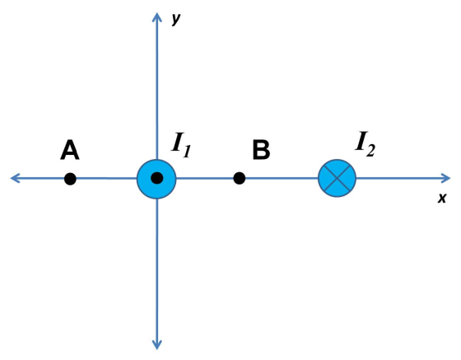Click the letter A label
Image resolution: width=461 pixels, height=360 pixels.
pyautogui.click(x=70, y=150)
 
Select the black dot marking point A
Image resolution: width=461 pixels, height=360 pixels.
pyautogui.click(x=70, y=179)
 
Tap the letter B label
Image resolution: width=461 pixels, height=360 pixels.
pyautogui.click(x=261, y=150)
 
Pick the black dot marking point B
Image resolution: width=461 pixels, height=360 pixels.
pyautogui.click(x=240, y=178)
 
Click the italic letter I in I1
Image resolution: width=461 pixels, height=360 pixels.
pyautogui.click(x=178, y=142)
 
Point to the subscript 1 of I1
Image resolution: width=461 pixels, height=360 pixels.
pyautogui.click(x=188, y=152)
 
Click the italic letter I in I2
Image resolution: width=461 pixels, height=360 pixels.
pyautogui.click(x=361, y=141)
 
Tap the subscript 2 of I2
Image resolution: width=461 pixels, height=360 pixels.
pyautogui.click(x=371, y=150)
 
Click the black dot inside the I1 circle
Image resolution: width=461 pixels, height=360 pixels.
pyautogui.click(x=157, y=178)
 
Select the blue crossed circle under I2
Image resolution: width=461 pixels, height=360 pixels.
pyautogui.click(x=337, y=178)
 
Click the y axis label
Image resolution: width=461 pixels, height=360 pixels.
pyautogui.click(x=176, y=19)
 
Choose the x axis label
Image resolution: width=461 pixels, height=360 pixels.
pyautogui.click(x=442, y=198)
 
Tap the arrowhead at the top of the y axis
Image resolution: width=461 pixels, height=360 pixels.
pyautogui.click(x=157, y=17)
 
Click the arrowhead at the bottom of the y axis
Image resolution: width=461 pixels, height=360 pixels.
pyautogui.click(x=157, y=344)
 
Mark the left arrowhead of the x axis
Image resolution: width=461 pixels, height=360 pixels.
pyautogui.click(x=16, y=178)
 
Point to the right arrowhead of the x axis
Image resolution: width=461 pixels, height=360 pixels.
pyautogui.click(x=445, y=178)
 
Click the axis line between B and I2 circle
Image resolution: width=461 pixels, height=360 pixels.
pyautogui.click(x=282, y=178)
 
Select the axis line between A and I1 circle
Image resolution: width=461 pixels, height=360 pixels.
pyautogui.click(x=106, y=178)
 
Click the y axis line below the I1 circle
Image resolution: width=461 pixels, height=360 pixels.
pyautogui.click(x=157, y=274)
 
